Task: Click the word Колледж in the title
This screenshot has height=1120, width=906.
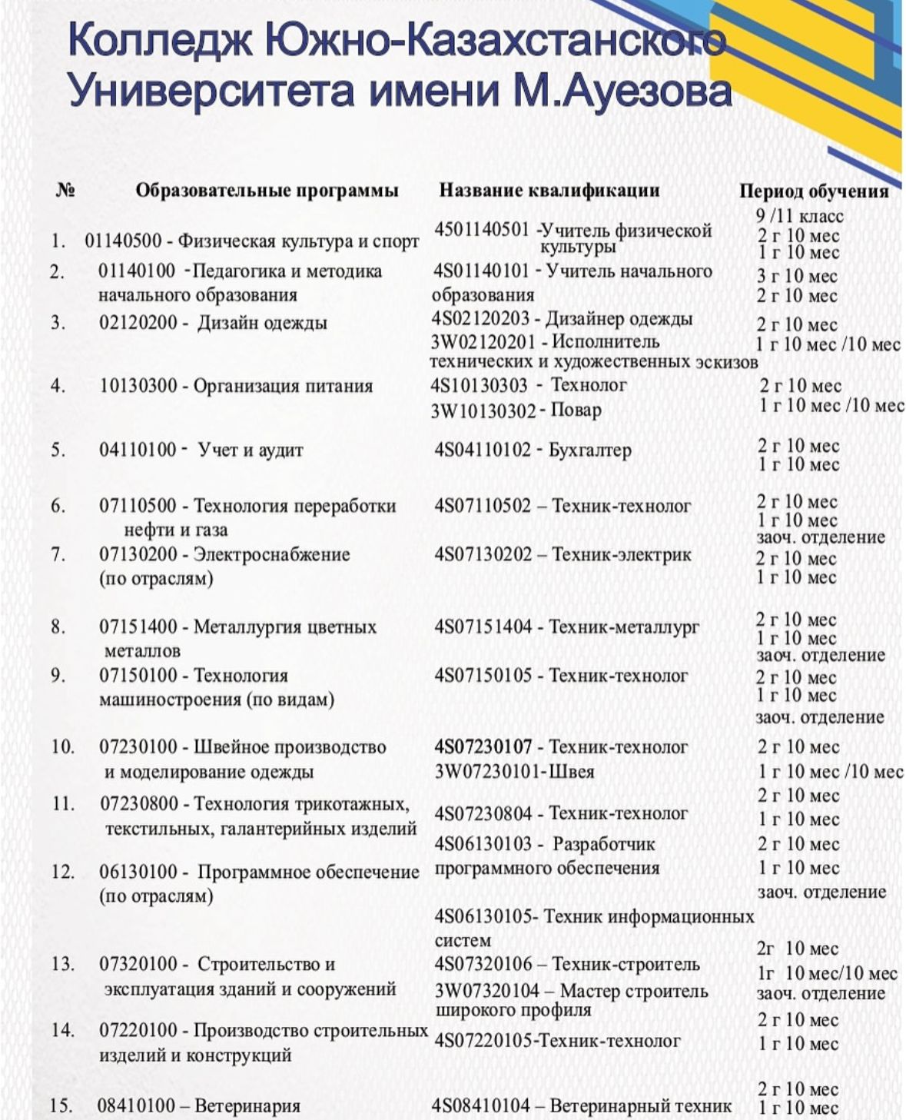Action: pyautogui.click(x=160, y=41)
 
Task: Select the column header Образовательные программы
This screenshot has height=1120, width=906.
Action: pyautogui.click(x=267, y=190)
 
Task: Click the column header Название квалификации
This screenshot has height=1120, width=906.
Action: pyautogui.click(x=549, y=190)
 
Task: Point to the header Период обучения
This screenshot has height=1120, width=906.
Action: pyautogui.click(x=813, y=191)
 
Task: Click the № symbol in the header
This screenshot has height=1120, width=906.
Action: pyautogui.click(x=65, y=190)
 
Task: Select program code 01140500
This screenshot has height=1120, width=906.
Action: pyautogui.click(x=123, y=241)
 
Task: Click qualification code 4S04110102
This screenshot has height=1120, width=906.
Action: pyautogui.click(x=482, y=450)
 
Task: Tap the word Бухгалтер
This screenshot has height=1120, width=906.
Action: pyautogui.click(x=589, y=450)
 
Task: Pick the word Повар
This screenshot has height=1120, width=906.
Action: pyautogui.click(x=576, y=410)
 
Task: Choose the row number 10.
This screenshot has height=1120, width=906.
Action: pyautogui.click(x=62, y=746)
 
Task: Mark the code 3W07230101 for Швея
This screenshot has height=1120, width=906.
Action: pyautogui.click(x=486, y=771)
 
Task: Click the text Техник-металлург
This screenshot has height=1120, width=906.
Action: pyautogui.click(x=623, y=626)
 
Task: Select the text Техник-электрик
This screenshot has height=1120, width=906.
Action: pyautogui.click(x=621, y=554)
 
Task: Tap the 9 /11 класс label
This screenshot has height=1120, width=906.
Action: pyautogui.click(x=799, y=216)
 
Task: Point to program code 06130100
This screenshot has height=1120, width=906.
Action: pyautogui.click(x=138, y=872)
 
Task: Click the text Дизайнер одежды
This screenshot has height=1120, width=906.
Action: pyautogui.click(x=619, y=318)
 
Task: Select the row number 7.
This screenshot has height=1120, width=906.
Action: pyautogui.click(x=58, y=554)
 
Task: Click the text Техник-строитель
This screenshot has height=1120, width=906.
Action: pyautogui.click(x=626, y=964)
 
